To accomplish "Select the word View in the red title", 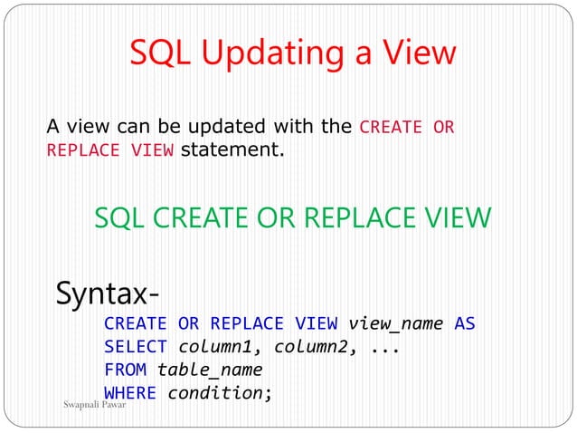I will tap(418, 54).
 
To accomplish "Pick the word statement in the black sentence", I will tap(232, 150).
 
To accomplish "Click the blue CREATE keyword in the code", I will tap(136, 323).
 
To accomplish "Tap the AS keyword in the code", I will tap(465, 323).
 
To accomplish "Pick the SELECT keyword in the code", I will tap(136, 347).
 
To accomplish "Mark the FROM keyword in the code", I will tap(126, 370).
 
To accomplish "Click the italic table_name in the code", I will tap(210, 370).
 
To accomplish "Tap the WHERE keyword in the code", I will tap(130, 393).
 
